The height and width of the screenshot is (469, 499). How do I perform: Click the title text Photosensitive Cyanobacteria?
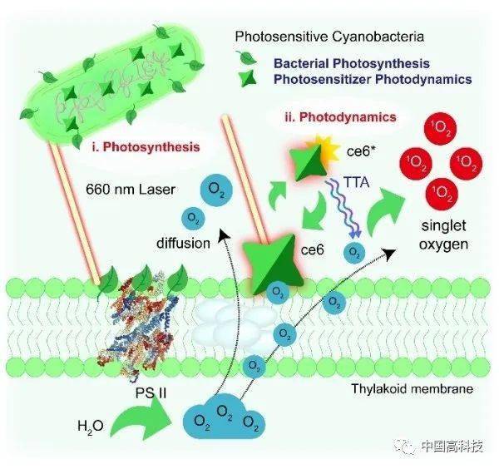pyautogui.click(x=329, y=37)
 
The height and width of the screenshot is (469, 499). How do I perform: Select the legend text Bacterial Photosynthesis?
pyautogui.click(x=352, y=64)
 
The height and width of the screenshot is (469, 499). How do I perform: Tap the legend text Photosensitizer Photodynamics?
pyautogui.click(x=373, y=79)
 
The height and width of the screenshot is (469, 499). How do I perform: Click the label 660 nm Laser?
pyautogui.click(x=131, y=190)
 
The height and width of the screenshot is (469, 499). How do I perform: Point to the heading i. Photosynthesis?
pyautogui.click(x=146, y=147)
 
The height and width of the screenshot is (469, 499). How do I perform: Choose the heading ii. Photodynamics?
pyautogui.click(x=340, y=117)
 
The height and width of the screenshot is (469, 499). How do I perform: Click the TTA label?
pyautogui.click(x=357, y=182)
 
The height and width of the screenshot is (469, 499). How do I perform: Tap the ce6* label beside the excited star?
pyautogui.click(x=359, y=151)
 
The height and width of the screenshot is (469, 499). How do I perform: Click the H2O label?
pyautogui.click(x=91, y=426)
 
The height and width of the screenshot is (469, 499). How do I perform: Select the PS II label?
pyautogui.click(x=151, y=393)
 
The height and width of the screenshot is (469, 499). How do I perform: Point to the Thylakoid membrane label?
pyautogui.click(x=413, y=389)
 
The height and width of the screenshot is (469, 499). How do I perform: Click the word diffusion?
pyautogui.click(x=183, y=244)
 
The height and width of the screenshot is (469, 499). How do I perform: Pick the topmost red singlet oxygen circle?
pyautogui.click(x=441, y=128)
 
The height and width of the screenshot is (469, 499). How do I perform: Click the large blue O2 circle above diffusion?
pyautogui.click(x=216, y=190)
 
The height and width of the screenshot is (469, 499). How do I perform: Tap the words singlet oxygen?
pyautogui.click(x=443, y=235)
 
